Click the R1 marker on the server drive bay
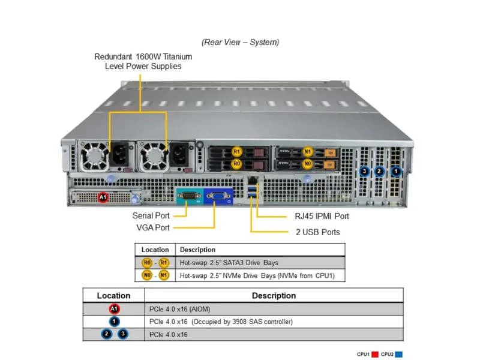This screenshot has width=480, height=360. (x=237, y=152)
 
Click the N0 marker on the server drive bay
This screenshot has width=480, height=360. (x=308, y=163)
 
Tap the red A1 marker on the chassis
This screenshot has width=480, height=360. (x=103, y=197)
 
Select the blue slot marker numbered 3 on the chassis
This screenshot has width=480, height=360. (x=364, y=172)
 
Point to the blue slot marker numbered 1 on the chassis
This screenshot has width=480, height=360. (x=395, y=172)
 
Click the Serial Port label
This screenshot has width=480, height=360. (x=151, y=215)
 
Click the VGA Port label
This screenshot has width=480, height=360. (x=153, y=227)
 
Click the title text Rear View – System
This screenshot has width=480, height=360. (x=240, y=42)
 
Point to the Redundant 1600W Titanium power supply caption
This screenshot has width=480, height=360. (x=143, y=61)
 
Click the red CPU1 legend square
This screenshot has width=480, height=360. (x=374, y=354)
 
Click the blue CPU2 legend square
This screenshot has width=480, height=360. (x=398, y=354)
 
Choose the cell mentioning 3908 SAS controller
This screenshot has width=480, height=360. (x=221, y=322)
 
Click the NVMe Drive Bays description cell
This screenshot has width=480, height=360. (x=257, y=275)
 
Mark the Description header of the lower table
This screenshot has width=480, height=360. (x=274, y=295)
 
